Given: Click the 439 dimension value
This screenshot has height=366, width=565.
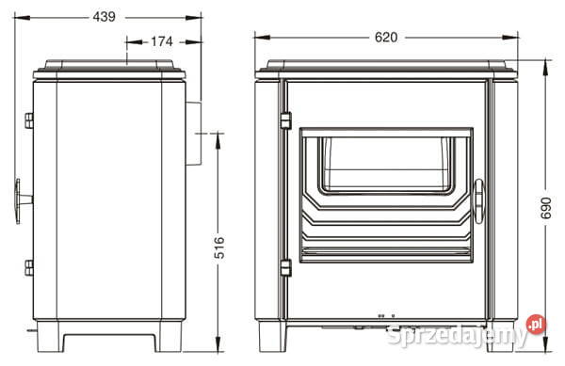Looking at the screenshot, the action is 105,17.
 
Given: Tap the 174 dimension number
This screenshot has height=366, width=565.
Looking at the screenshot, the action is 162,41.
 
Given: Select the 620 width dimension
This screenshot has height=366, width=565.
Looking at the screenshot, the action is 386,37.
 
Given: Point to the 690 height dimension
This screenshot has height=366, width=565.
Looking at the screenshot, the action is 546,208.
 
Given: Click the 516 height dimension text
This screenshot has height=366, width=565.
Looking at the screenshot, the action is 219,247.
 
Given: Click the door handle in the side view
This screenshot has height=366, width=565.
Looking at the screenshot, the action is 23,200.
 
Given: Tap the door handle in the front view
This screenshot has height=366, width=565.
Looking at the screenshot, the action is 479,201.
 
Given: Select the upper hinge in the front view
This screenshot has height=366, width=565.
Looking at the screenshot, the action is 285,120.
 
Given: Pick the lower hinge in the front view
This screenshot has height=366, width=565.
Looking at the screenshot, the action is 285,268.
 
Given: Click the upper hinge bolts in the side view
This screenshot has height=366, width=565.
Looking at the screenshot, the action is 29,120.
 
